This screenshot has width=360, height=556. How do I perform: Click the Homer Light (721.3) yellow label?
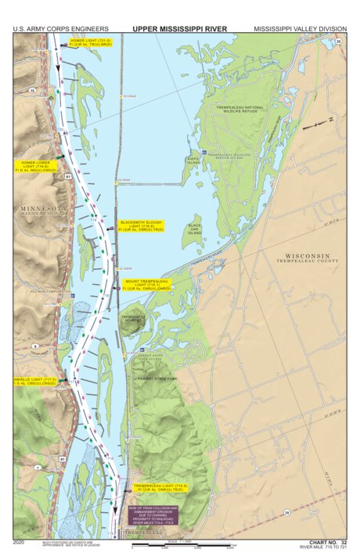91,43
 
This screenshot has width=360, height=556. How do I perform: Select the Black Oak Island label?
194,228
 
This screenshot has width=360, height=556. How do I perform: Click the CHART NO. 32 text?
327,541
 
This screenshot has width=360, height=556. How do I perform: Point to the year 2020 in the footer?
21,541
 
